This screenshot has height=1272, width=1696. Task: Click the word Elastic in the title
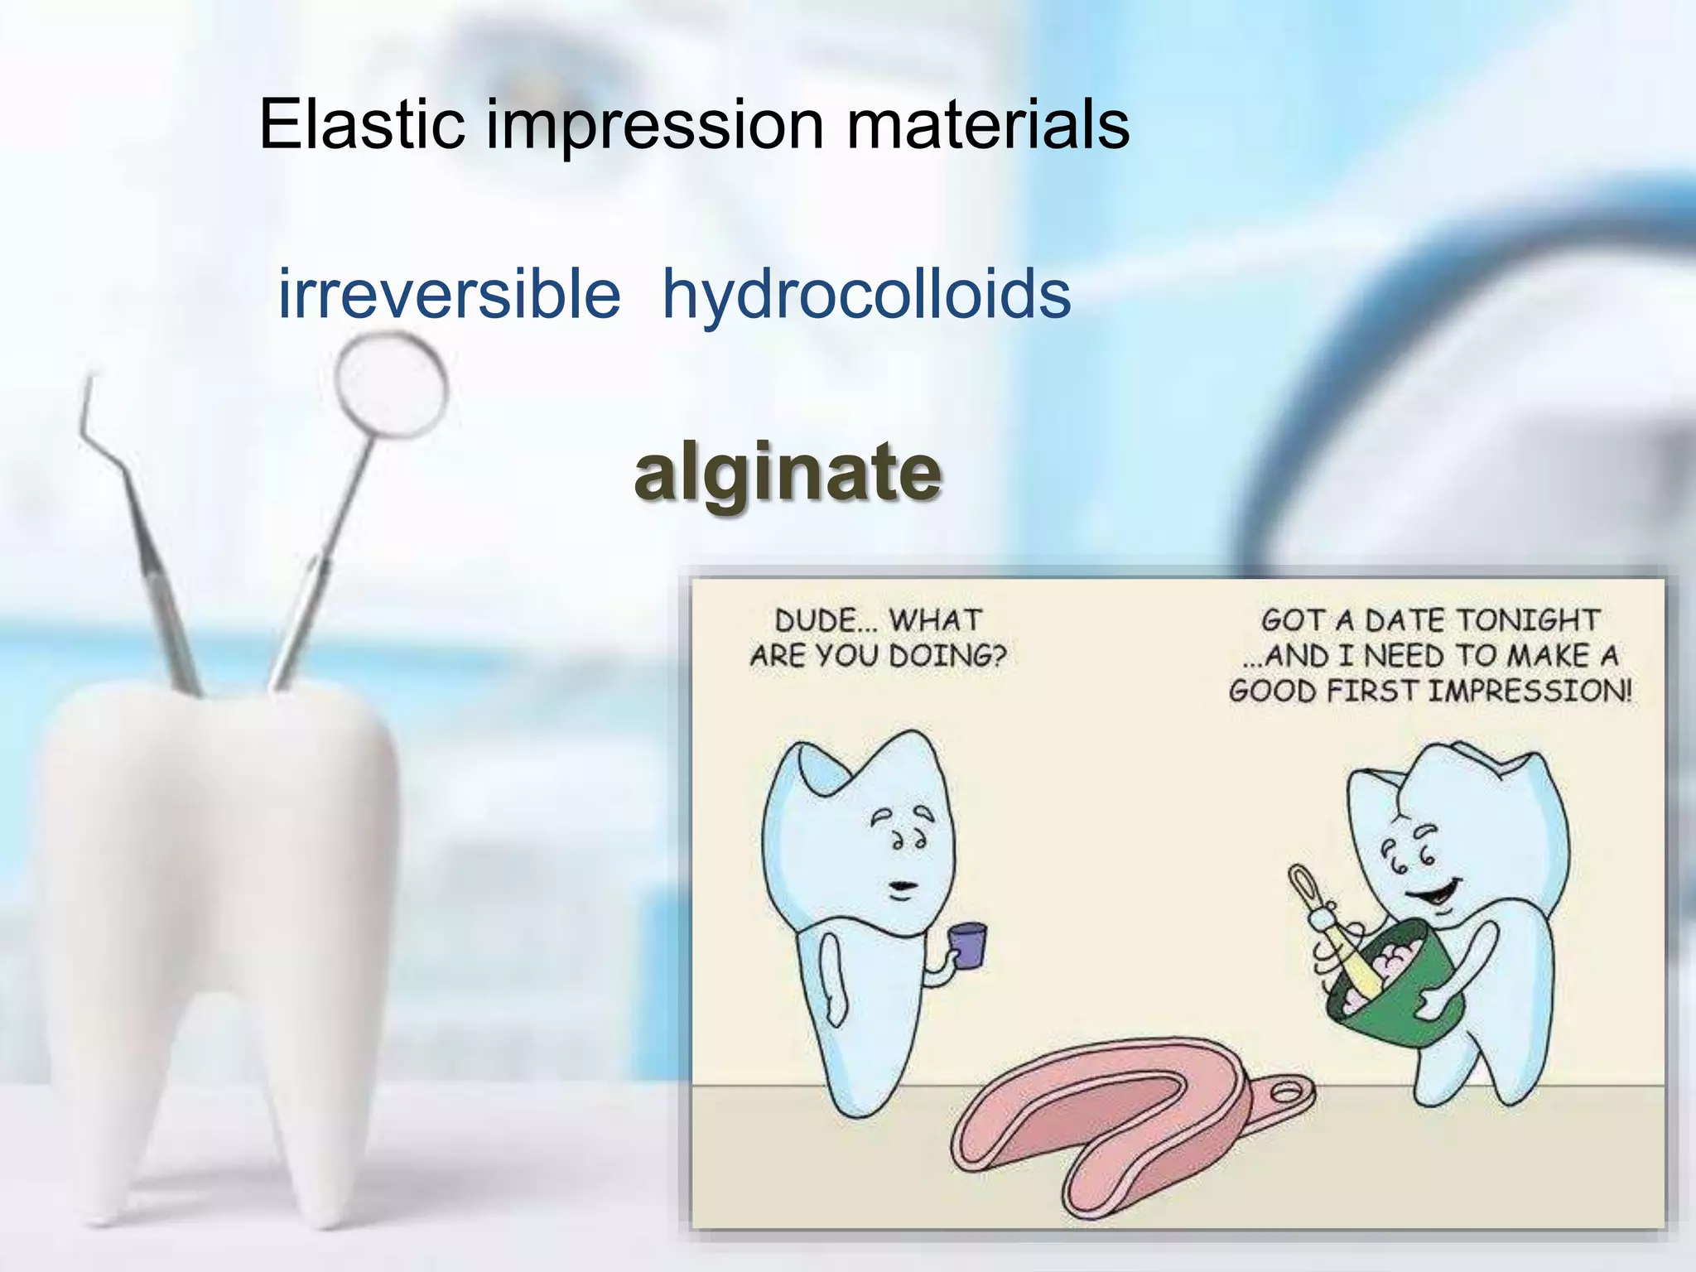361,124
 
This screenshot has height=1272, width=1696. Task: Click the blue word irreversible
449,295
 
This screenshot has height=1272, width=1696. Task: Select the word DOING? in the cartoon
947,656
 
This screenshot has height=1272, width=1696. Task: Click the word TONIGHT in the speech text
1528,620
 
